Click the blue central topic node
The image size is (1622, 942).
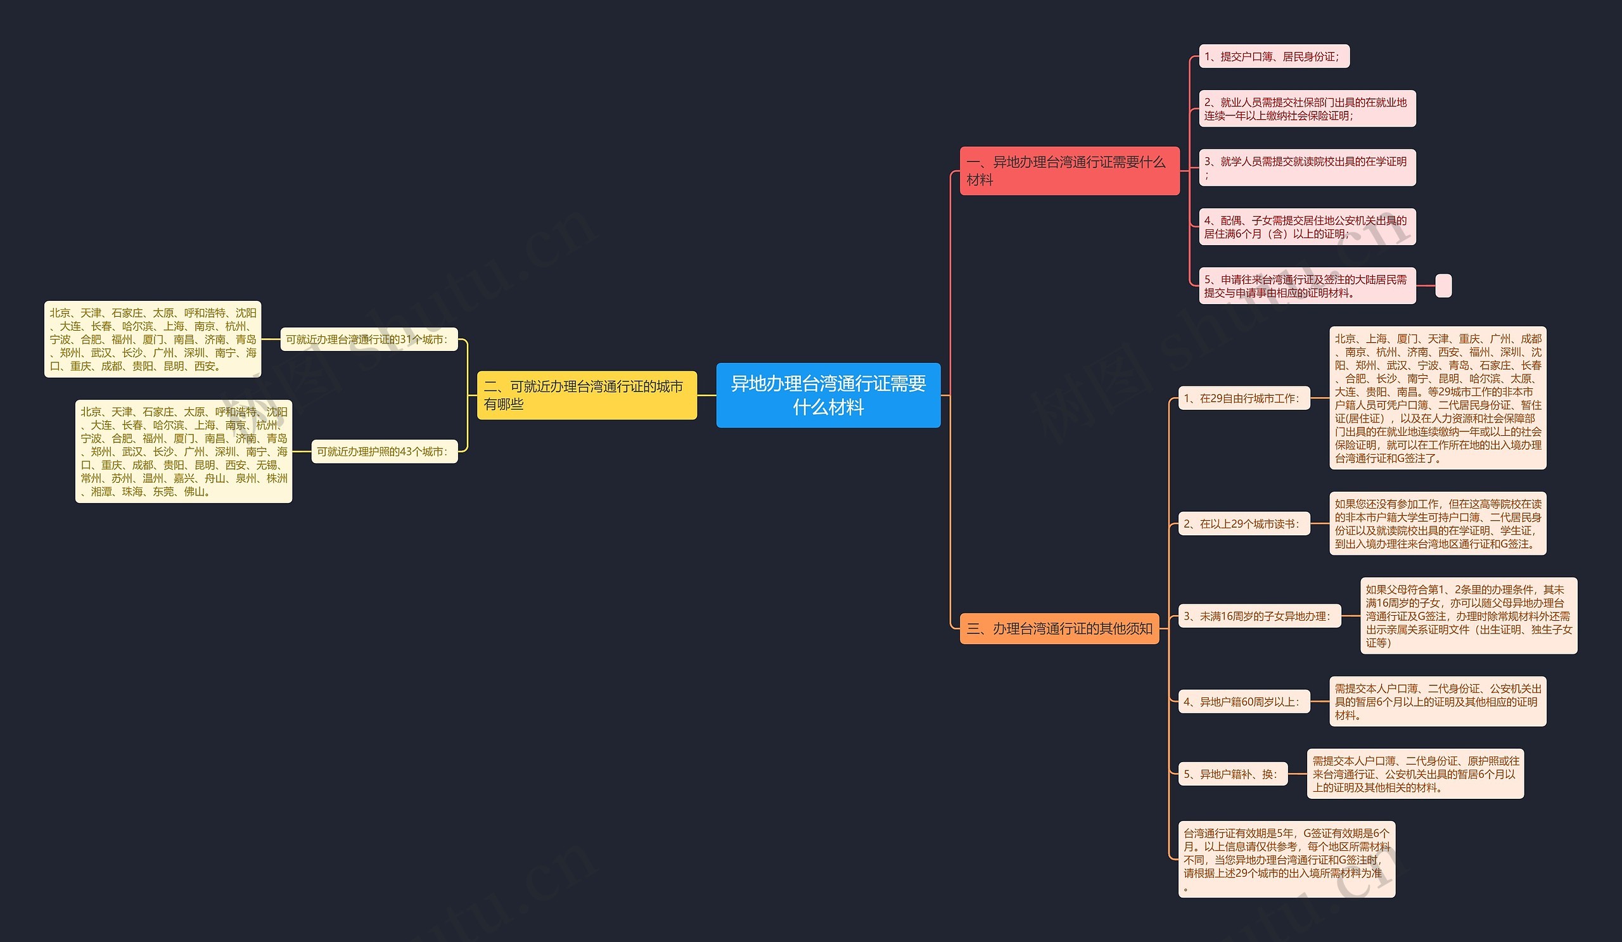pyautogui.click(x=827, y=395)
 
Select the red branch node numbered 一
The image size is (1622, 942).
pyautogui.click(x=1069, y=170)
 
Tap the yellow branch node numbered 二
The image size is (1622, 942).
pyautogui.click(x=586, y=395)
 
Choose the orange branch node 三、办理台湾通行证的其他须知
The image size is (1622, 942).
pyautogui.click(x=1059, y=628)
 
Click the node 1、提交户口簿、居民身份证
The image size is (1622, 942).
pyautogui.click(x=1273, y=56)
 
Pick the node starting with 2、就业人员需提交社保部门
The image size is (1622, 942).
pyautogui.click(x=1306, y=109)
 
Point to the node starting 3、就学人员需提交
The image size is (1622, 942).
pyautogui.click(x=1306, y=168)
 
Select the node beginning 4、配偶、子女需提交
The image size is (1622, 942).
pyautogui.click(x=1306, y=227)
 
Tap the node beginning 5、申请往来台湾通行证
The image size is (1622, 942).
pyautogui.click(x=1306, y=286)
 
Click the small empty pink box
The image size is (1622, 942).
pyautogui.click(x=1443, y=286)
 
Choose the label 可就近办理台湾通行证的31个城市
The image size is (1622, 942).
pyautogui.click(x=369, y=339)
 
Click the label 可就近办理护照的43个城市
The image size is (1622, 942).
pyautogui.click(x=384, y=452)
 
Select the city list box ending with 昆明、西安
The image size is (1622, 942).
pyautogui.click(x=153, y=339)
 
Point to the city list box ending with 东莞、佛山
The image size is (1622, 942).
pyautogui.click(x=184, y=451)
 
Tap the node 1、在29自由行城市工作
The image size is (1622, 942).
pyautogui.click(x=1244, y=398)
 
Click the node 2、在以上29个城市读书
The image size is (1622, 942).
pyautogui.click(x=1244, y=524)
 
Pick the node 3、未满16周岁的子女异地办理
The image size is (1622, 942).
pyautogui.click(x=1259, y=616)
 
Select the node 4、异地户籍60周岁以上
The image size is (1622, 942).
pyautogui.click(x=1244, y=701)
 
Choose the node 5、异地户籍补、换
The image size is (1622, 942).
pyautogui.click(x=1232, y=774)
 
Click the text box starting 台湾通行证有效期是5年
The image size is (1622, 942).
pyautogui.click(x=1286, y=859)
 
